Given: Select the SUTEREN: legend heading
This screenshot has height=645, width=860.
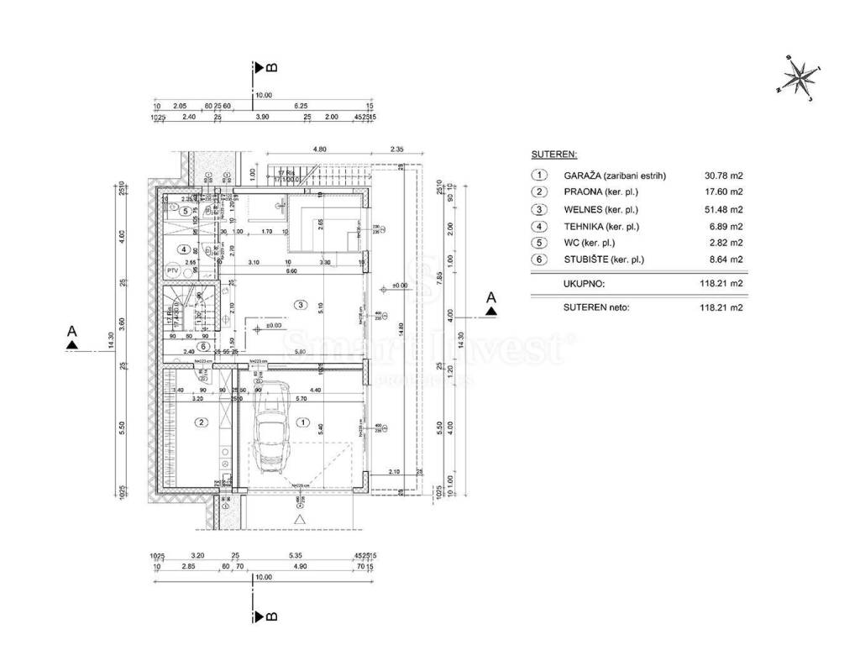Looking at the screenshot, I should [553, 155].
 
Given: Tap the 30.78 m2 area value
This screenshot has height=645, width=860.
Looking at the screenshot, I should [724, 176].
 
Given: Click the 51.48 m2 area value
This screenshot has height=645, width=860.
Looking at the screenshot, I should [724, 209].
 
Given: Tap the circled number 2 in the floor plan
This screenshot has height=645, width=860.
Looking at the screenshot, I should [201, 422].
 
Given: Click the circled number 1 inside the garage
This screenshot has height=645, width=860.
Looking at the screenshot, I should [303, 422].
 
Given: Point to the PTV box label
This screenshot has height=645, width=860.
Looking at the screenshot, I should [172, 271].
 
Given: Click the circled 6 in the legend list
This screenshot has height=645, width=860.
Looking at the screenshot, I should [538, 260].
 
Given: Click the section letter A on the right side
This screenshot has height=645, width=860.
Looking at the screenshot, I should [492, 297].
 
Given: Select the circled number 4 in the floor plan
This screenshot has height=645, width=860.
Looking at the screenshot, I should [184, 249].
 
